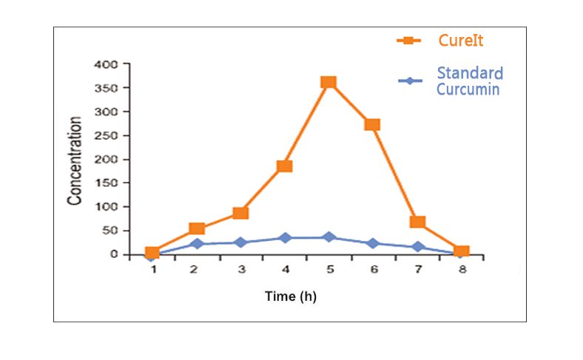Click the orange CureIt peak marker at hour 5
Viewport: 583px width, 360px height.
328,82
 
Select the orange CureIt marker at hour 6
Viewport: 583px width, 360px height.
372,124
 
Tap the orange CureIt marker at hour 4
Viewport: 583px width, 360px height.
284,166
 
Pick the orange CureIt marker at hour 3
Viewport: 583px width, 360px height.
240,213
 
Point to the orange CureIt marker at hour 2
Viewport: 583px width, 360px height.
197,228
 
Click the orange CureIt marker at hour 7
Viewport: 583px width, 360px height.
417,222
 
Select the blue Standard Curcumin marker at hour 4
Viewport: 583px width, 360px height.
285,238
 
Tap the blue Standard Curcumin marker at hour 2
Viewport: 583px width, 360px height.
197,243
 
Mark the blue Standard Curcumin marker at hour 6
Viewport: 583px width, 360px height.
373,242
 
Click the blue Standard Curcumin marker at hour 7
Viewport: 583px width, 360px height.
417,247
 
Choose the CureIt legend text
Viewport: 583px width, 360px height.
461,40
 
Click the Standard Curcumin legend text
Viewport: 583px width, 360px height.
469,81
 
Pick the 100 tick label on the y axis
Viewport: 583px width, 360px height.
107,206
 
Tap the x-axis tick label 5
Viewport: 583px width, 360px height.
329,270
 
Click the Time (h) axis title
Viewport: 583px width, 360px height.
291,296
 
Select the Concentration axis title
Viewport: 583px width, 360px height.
75,160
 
